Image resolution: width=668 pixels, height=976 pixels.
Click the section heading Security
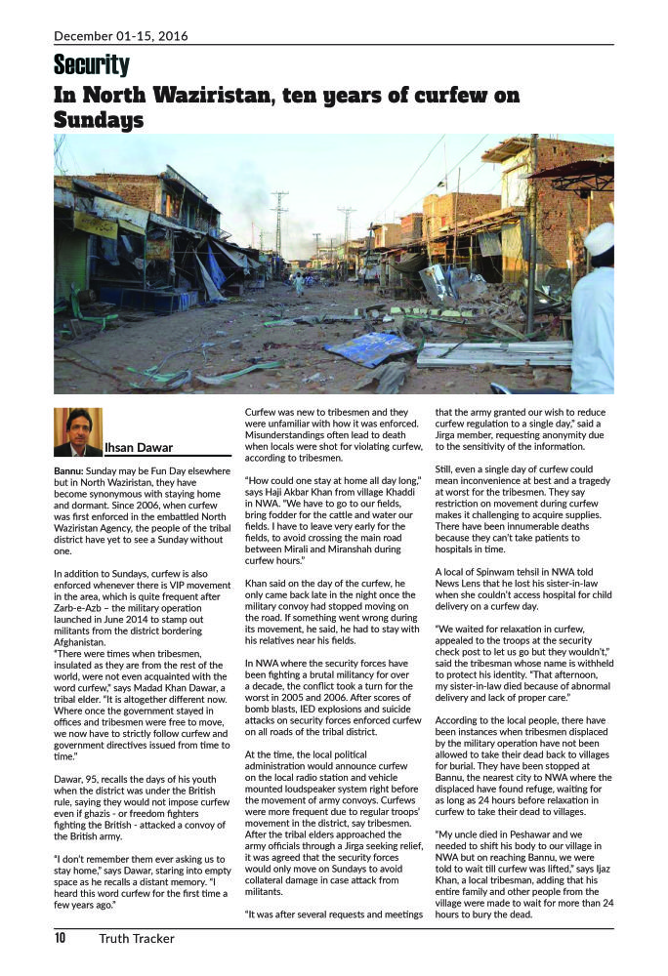(92, 65)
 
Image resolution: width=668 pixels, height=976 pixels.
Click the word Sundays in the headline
(99, 120)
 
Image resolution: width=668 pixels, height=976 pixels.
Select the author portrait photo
(77, 431)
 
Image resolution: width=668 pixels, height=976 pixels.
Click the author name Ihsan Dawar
(139, 448)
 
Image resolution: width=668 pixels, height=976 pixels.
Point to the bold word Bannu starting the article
(68, 470)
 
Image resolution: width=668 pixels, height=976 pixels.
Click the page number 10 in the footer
(60, 939)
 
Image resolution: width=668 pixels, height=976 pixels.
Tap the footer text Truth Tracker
(136, 939)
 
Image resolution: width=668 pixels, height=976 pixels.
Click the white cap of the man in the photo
(599, 238)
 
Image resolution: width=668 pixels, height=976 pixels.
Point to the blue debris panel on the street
(370, 348)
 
